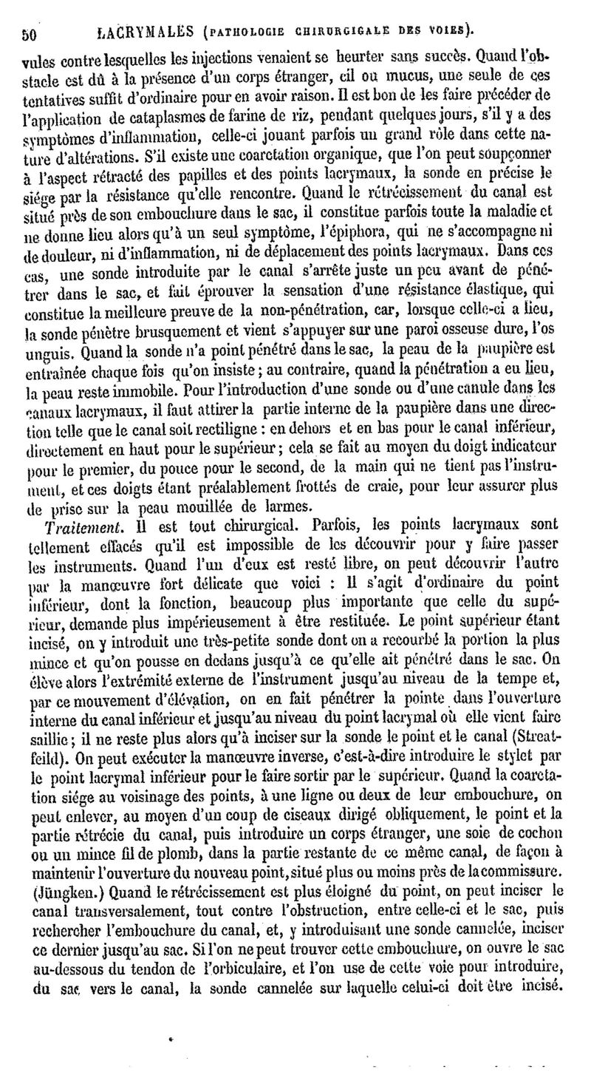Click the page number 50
[x=29, y=33]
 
